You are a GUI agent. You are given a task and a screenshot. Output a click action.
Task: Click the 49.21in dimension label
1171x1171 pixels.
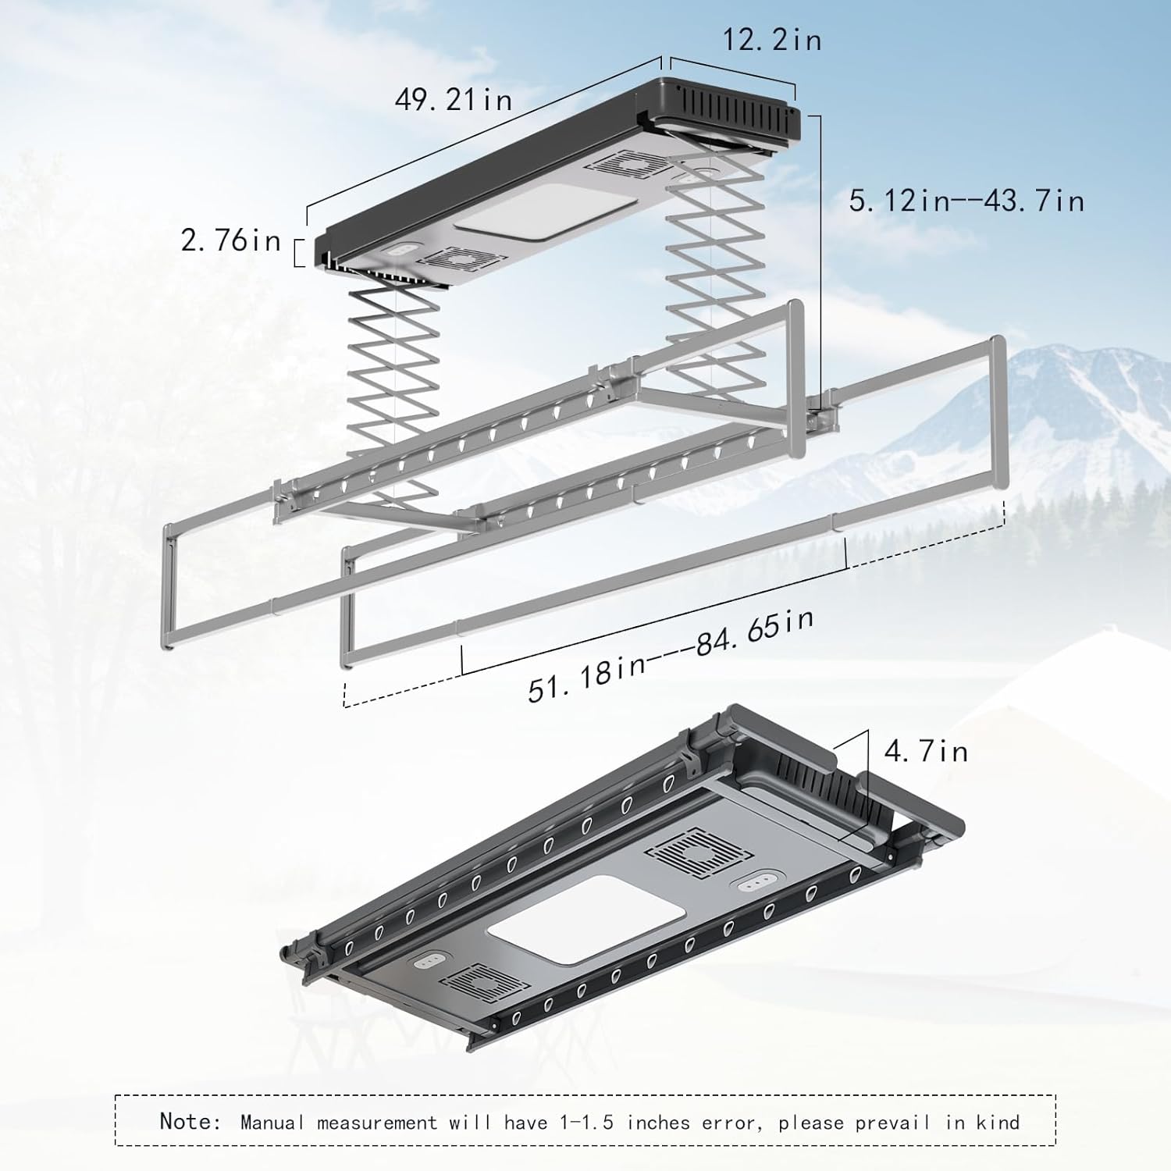(x=453, y=100)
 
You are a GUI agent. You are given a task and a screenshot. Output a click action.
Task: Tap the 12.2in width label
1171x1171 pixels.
(x=771, y=40)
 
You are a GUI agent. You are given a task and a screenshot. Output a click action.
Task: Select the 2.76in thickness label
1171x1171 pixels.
(x=230, y=240)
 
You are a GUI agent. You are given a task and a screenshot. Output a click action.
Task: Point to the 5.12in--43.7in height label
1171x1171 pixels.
(x=966, y=201)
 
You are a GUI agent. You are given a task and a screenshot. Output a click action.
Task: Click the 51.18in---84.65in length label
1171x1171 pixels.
(x=670, y=657)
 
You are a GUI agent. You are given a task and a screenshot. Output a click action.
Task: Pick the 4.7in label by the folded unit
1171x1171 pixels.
(x=926, y=751)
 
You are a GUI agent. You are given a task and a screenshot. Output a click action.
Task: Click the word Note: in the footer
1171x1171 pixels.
(x=190, y=1122)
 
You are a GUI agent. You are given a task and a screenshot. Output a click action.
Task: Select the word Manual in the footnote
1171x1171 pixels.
(x=272, y=1123)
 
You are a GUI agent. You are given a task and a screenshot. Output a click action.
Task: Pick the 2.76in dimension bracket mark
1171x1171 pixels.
(x=298, y=253)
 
